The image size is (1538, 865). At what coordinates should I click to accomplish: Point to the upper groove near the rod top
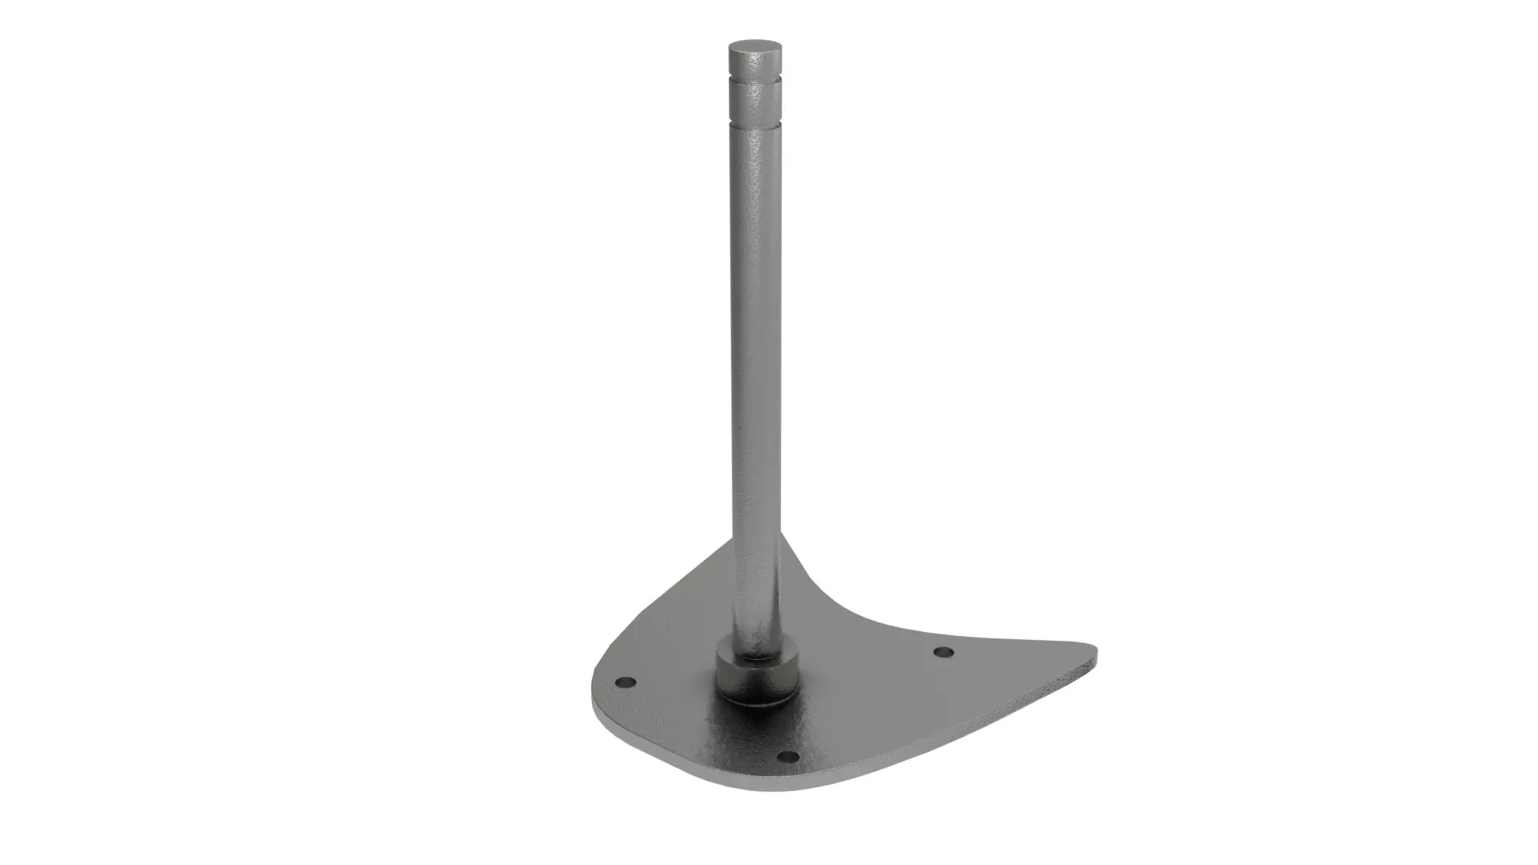755,83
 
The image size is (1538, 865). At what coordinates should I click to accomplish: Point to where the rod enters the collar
756,654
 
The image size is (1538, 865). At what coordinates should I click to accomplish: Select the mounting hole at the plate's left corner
626,682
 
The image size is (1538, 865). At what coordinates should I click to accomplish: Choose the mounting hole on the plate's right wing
944,652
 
